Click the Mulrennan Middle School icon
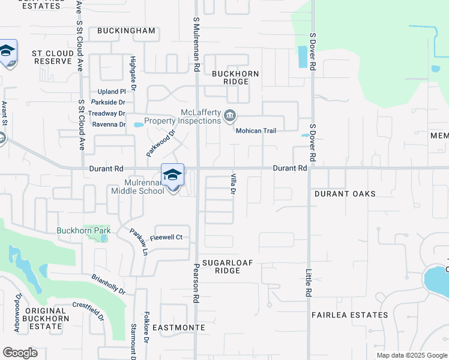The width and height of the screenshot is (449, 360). pyautogui.click(x=172, y=175)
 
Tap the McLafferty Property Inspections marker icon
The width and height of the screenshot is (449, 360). pyautogui.click(x=230, y=116)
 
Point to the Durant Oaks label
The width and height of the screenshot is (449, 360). pyautogui.click(x=345, y=194)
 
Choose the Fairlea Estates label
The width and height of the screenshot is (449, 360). pyautogui.click(x=349, y=314)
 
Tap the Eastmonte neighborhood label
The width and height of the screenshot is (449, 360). pyautogui.click(x=179, y=328)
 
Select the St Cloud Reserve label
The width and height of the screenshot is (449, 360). pyautogui.click(x=53, y=58)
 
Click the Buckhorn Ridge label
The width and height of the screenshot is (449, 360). pyautogui.click(x=235, y=77)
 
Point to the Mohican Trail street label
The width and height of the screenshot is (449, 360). pyautogui.click(x=256, y=131)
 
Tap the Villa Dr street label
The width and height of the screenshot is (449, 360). pyautogui.click(x=232, y=184)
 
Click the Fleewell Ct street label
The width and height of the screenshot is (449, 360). pyautogui.click(x=166, y=238)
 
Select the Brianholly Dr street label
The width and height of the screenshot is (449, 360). pyautogui.click(x=109, y=284)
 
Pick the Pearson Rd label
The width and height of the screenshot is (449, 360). pyautogui.click(x=196, y=282)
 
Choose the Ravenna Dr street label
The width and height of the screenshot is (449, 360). pyautogui.click(x=109, y=125)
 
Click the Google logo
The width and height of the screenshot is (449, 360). pyautogui.click(x=20, y=353)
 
